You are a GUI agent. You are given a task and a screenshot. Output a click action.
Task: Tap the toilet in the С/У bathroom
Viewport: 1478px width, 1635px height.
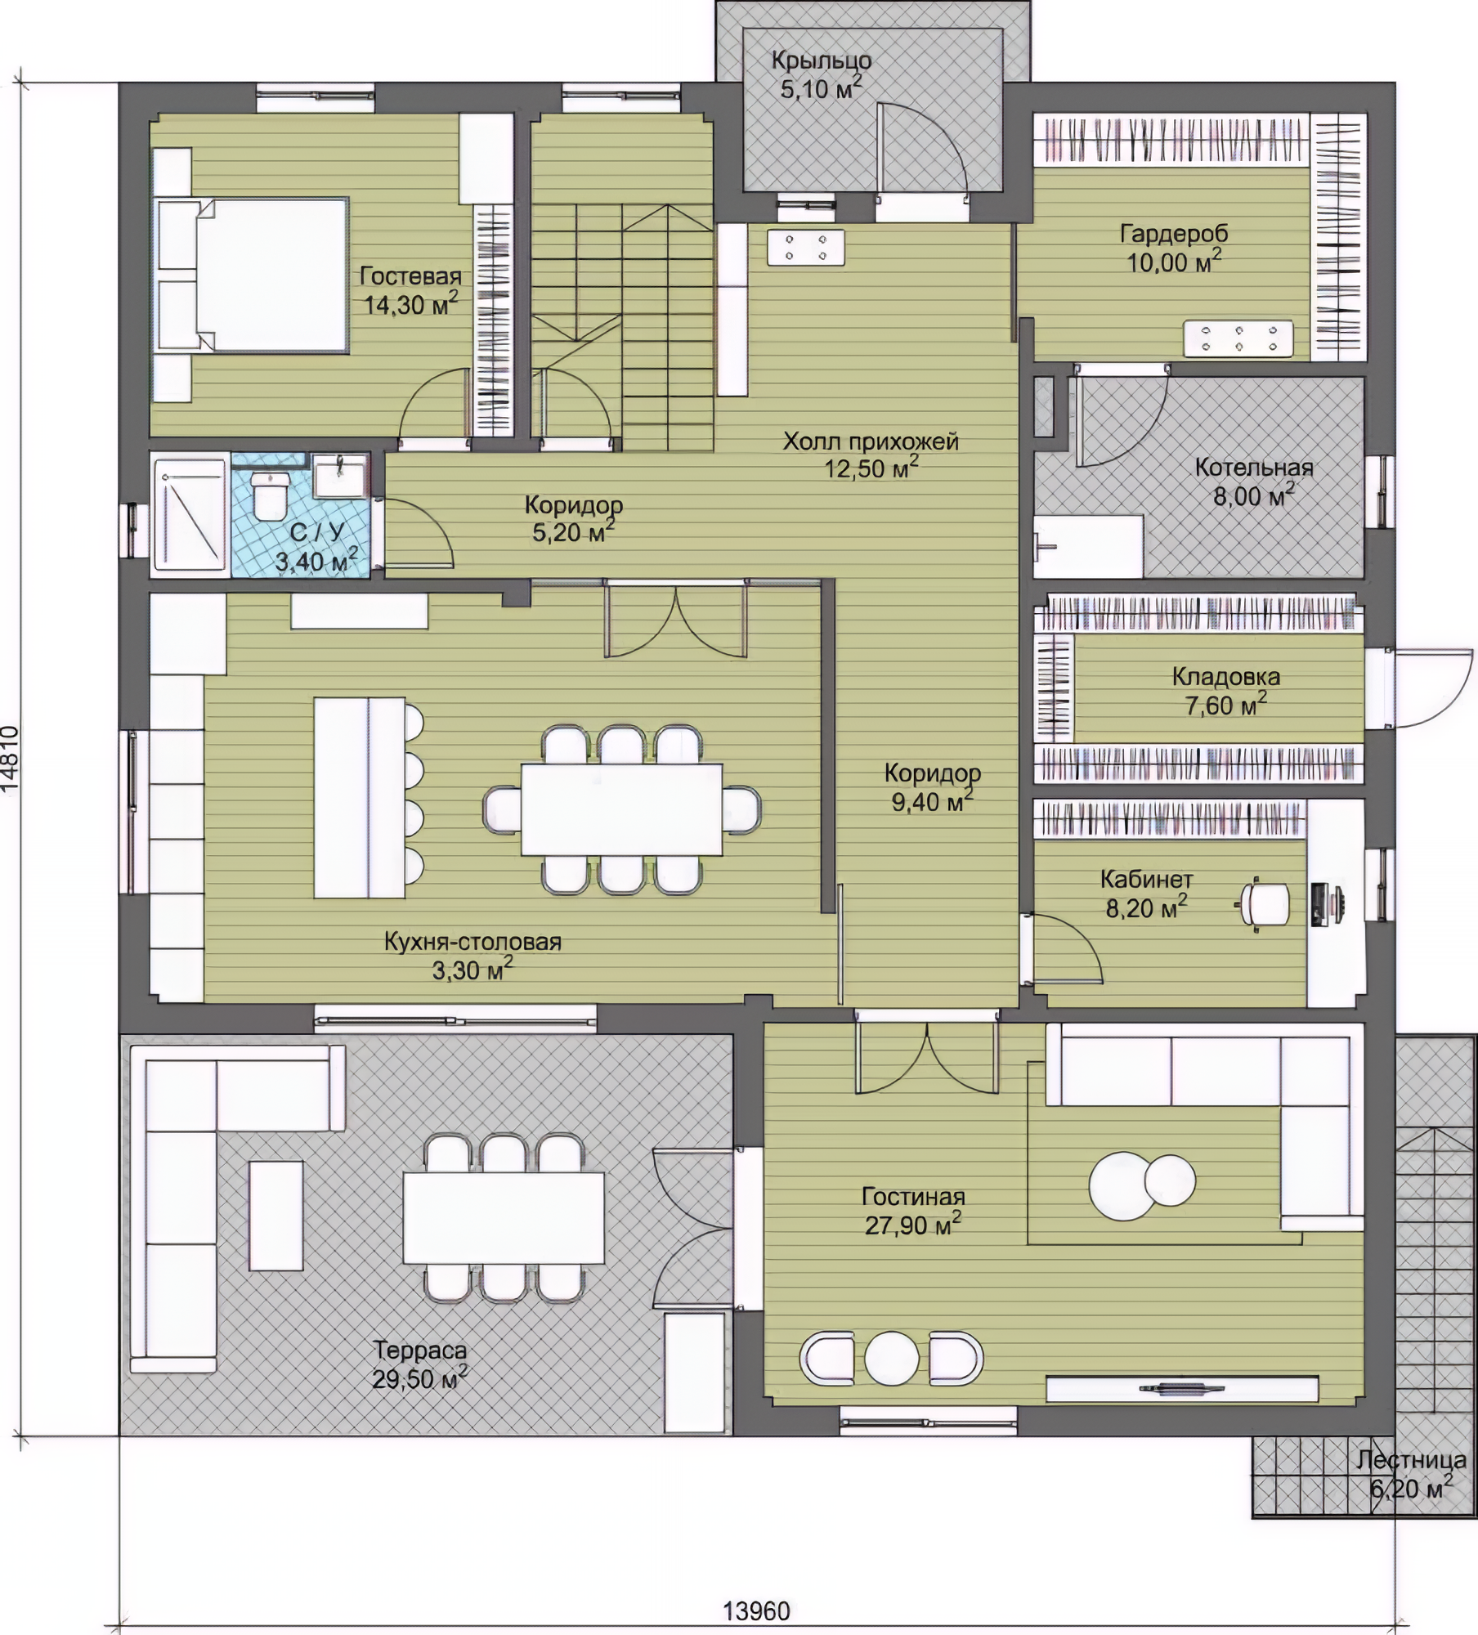pos(268,495)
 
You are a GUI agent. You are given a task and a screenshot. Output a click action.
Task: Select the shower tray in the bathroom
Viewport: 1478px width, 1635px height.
pos(190,513)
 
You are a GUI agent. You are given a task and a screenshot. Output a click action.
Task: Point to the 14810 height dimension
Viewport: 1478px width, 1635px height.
pos(11,758)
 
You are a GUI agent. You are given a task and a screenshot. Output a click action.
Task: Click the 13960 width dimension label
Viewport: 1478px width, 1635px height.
pos(756,1610)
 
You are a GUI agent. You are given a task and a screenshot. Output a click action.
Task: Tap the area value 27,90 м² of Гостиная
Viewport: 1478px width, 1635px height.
pos(913,1224)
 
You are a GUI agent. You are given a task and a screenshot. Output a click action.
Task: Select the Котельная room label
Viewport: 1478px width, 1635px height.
pos(1254,468)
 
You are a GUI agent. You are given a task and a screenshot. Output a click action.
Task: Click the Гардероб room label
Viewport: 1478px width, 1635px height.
pos(1174,234)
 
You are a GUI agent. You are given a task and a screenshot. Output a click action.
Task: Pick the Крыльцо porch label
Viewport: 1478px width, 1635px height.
pos(822,60)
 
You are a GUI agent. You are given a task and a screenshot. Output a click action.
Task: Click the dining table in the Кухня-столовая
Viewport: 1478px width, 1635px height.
pos(621,809)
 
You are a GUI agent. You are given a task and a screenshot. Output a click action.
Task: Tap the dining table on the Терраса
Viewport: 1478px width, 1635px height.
pos(504,1217)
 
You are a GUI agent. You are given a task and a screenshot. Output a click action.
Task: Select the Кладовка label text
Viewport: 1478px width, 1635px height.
pos(1225,676)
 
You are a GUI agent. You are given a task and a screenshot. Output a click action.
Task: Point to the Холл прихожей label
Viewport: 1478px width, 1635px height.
pos(871,441)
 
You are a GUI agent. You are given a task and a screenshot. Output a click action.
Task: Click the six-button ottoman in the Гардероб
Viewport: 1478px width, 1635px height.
pos(1238,338)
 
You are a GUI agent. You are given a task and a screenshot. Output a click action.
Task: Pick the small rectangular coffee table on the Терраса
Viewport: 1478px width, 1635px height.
pos(276,1215)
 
